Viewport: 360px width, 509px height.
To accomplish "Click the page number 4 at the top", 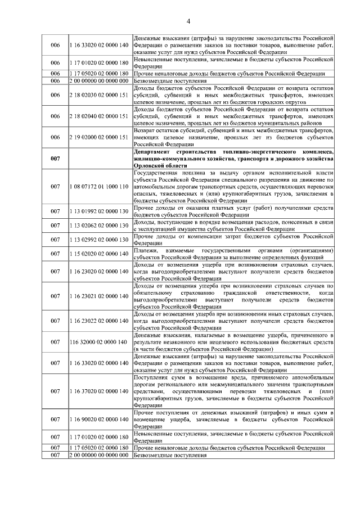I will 189,21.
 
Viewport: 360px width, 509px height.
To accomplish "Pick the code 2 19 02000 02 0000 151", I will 99,137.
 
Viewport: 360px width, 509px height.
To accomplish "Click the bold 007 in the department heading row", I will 55,159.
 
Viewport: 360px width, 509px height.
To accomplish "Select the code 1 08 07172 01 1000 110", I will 99,186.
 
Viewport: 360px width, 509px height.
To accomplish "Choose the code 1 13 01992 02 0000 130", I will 99,211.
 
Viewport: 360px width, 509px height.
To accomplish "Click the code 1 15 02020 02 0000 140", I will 99,254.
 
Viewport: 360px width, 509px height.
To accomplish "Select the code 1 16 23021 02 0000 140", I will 99,296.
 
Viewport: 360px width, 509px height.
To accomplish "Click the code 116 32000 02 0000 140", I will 99,341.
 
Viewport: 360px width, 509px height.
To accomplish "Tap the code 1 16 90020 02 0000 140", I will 99,420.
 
